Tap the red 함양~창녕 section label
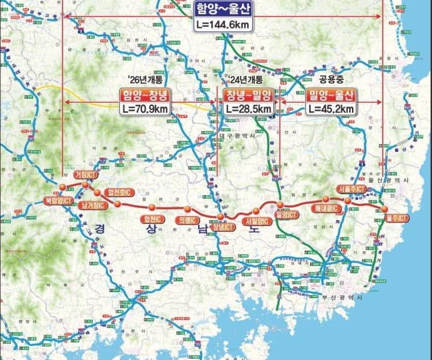pos(145,94)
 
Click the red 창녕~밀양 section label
pos(248,94)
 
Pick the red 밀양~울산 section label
pos(331,94)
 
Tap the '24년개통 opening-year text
pos(243,79)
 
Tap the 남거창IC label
pos(92,205)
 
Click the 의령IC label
pos(186,219)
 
